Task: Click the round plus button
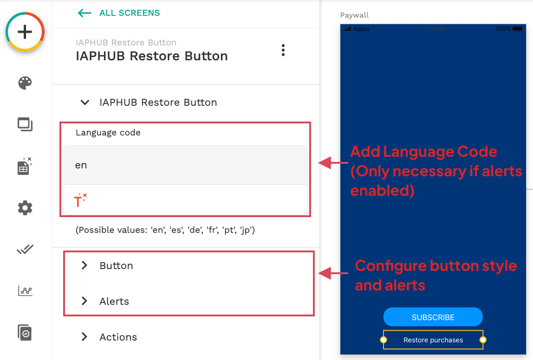click(25, 32)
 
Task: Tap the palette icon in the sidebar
click(25, 83)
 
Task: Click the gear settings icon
click(25, 208)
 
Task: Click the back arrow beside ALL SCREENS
click(84, 13)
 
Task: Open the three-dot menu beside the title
click(283, 50)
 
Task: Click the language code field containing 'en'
click(185, 165)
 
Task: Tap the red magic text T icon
click(80, 200)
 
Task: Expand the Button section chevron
click(84, 265)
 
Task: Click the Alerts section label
click(114, 301)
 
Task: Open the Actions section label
click(118, 337)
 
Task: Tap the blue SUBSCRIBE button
click(433, 317)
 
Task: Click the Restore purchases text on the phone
click(433, 340)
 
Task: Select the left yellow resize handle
click(383, 340)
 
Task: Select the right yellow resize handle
click(483, 340)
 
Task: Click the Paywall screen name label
click(354, 15)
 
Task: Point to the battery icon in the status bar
click(517, 29)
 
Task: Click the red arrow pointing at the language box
click(333, 163)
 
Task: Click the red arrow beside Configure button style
click(333, 273)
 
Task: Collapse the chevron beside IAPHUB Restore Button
click(85, 103)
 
